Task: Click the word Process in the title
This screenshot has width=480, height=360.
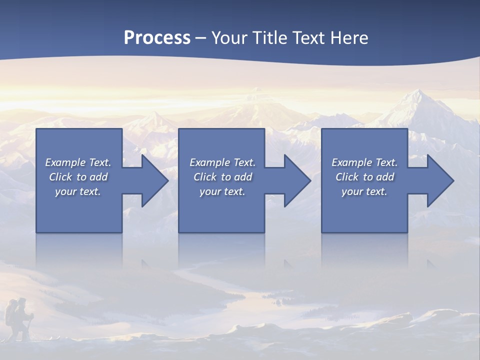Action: tap(157, 37)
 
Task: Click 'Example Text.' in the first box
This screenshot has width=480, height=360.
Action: tap(78, 162)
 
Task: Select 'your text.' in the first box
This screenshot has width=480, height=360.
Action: tap(78, 191)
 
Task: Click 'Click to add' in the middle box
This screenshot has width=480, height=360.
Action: tap(222, 177)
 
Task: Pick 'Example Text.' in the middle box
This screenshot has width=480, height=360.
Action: tap(222, 162)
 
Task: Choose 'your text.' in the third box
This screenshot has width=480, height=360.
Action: tap(364, 191)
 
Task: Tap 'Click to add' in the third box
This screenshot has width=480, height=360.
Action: tap(364, 177)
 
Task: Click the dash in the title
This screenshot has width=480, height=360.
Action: tap(200, 38)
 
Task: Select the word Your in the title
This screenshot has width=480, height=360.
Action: tap(229, 37)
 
